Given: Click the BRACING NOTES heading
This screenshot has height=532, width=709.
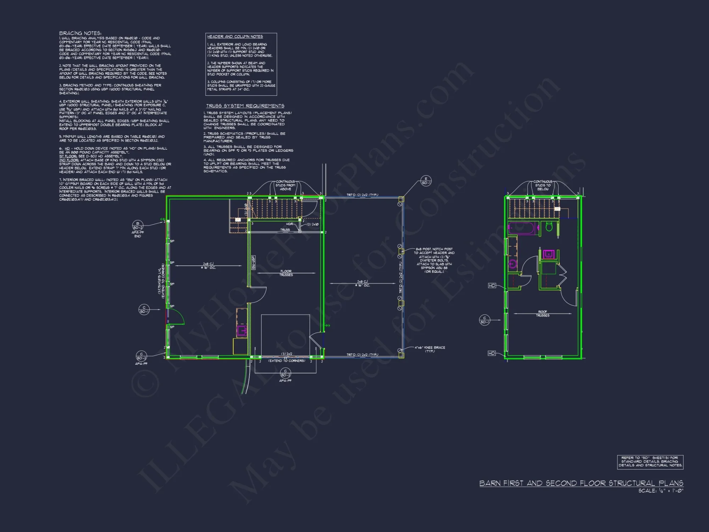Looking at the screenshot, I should (x=80, y=33).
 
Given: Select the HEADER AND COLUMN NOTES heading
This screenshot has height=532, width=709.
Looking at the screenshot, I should (x=235, y=37).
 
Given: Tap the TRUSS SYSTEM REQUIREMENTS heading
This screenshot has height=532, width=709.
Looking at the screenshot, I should (x=245, y=106).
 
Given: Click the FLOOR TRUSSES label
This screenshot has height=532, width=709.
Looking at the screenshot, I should (x=286, y=273).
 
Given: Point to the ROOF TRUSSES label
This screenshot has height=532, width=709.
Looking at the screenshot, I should (x=542, y=314).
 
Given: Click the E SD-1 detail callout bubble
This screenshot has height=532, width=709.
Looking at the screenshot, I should (x=426, y=181).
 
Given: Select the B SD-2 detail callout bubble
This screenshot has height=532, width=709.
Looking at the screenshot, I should (x=138, y=226).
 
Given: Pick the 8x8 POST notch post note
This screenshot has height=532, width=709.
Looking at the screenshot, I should (x=434, y=260).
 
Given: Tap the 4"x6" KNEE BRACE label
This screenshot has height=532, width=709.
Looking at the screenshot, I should (x=430, y=349).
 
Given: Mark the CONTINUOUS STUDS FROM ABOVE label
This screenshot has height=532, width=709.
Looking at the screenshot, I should (x=285, y=185).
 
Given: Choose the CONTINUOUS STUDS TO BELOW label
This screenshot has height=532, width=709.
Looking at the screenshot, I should (x=543, y=185).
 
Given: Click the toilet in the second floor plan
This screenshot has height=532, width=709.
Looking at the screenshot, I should (x=549, y=227).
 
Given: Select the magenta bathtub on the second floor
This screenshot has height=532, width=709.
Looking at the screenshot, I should (x=522, y=228).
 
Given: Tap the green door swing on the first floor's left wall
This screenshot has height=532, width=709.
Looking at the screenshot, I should (x=176, y=317).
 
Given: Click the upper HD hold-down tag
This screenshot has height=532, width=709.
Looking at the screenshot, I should (x=492, y=286).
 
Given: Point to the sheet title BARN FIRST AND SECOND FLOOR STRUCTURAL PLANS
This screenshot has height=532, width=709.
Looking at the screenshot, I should (x=581, y=483).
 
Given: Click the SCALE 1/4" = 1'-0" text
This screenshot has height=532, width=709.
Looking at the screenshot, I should (x=660, y=491).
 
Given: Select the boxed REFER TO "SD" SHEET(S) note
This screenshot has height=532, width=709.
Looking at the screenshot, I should (x=650, y=462).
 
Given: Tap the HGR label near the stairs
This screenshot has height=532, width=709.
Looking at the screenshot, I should (x=290, y=224).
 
